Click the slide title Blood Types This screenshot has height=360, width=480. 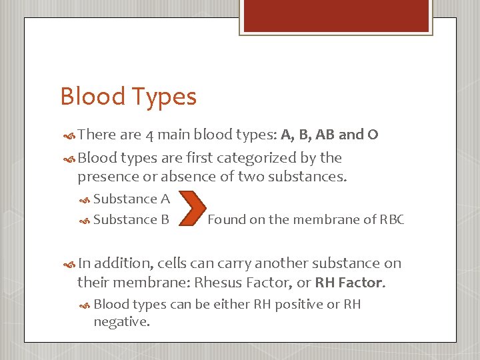pos(128,97)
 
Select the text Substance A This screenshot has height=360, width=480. pos(131,199)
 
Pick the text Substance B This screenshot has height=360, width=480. pos(131,219)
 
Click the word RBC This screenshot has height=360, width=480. pos(391,220)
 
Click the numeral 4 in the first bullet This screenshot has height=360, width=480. pos(150,135)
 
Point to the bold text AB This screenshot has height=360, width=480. pos(325,135)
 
